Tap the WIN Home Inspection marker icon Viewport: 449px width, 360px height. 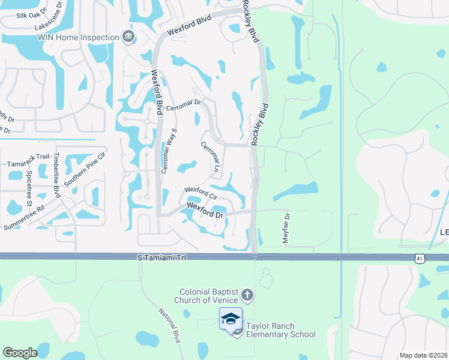(128, 37)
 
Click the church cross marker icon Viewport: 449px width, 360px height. (247, 295)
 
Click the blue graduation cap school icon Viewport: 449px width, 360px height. (231, 319)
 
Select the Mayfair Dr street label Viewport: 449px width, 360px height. (286, 228)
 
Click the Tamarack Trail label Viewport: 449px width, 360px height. (28, 157)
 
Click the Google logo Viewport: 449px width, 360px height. (20, 353)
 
